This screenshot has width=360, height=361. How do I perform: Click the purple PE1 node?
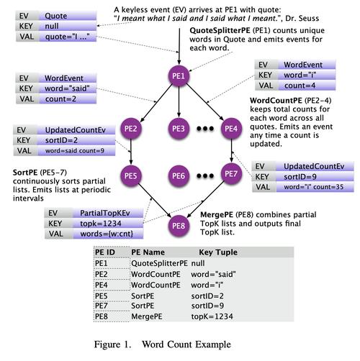(179, 76)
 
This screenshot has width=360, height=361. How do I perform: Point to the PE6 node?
(179, 175)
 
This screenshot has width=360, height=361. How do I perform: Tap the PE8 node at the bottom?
(179, 225)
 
